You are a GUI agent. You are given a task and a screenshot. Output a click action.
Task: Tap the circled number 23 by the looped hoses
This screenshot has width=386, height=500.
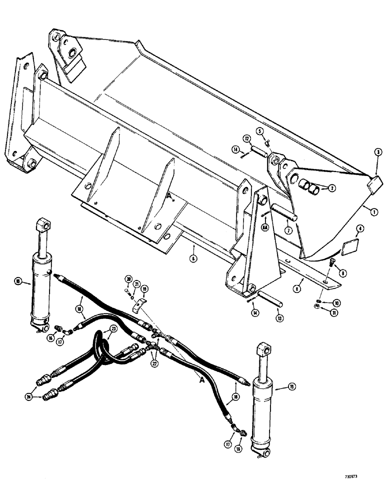113,328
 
